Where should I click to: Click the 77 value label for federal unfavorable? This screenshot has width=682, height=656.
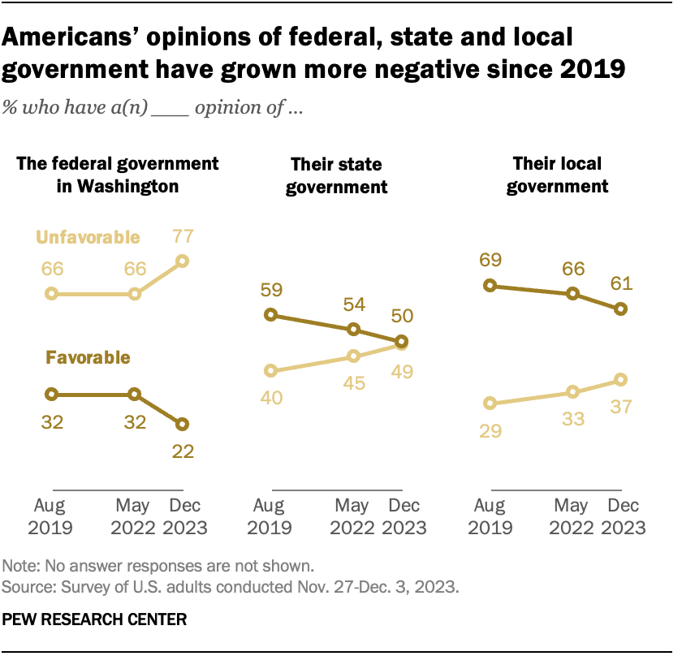[x=182, y=237]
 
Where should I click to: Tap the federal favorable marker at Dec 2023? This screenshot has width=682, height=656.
[x=182, y=424]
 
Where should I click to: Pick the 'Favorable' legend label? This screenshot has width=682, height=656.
[x=88, y=356]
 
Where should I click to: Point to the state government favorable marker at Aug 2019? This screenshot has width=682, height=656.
[x=272, y=315]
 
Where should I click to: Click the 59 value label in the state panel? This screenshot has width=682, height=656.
[x=272, y=288]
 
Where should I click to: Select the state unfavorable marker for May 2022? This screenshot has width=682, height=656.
[x=353, y=356]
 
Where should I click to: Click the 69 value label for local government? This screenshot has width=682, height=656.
[x=489, y=260]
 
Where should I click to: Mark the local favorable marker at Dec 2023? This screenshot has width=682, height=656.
[x=621, y=309]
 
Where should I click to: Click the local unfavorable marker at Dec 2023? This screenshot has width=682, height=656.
[x=621, y=379]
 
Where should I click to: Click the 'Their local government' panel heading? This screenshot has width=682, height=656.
[x=557, y=175]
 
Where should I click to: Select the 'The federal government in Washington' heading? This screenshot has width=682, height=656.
[x=119, y=175]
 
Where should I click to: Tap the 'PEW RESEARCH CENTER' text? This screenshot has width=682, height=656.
[x=95, y=619]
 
